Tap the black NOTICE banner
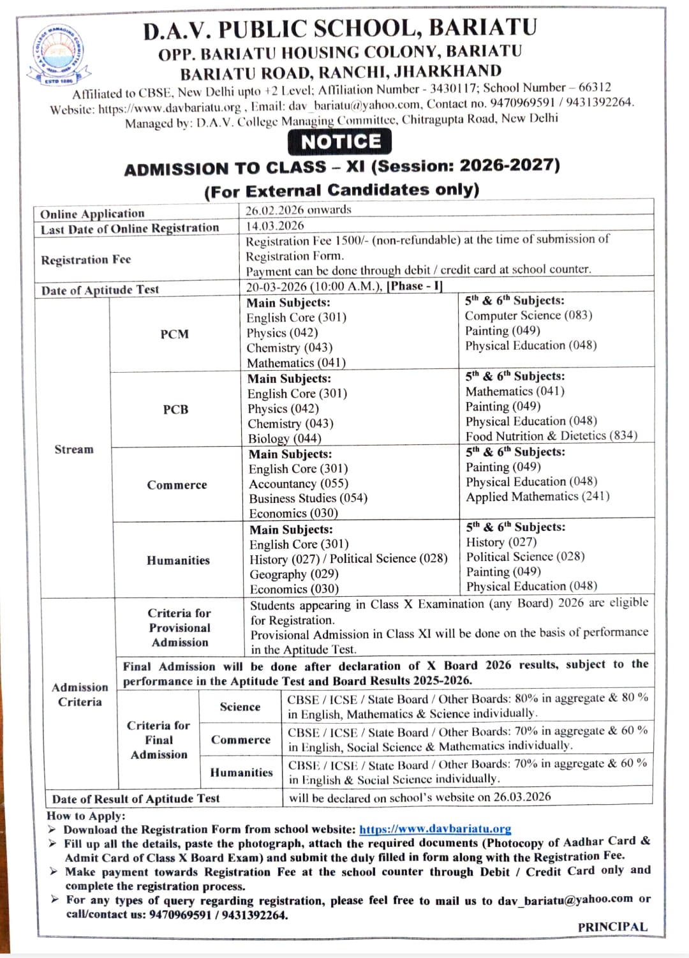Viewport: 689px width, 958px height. point(340,142)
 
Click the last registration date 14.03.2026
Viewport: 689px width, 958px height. point(275,226)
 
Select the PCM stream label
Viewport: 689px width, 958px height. point(174,334)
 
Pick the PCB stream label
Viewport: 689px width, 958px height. point(175,410)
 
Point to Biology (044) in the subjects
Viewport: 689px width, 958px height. point(285,439)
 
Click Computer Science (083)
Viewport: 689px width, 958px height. point(528,315)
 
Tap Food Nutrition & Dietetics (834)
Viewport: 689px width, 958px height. point(551,436)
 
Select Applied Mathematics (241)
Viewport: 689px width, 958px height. point(537,497)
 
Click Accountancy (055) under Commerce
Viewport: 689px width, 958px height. point(299,484)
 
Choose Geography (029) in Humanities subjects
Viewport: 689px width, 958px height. point(294,574)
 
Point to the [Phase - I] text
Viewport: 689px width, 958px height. point(415,286)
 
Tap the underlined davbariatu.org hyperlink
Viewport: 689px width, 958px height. point(435,829)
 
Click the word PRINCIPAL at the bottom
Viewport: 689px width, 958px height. point(612,927)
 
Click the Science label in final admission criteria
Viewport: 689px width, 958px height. point(240,707)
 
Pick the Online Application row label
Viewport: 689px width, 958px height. point(93,214)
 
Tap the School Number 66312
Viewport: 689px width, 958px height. point(595,87)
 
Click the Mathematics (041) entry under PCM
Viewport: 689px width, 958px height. point(296,363)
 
